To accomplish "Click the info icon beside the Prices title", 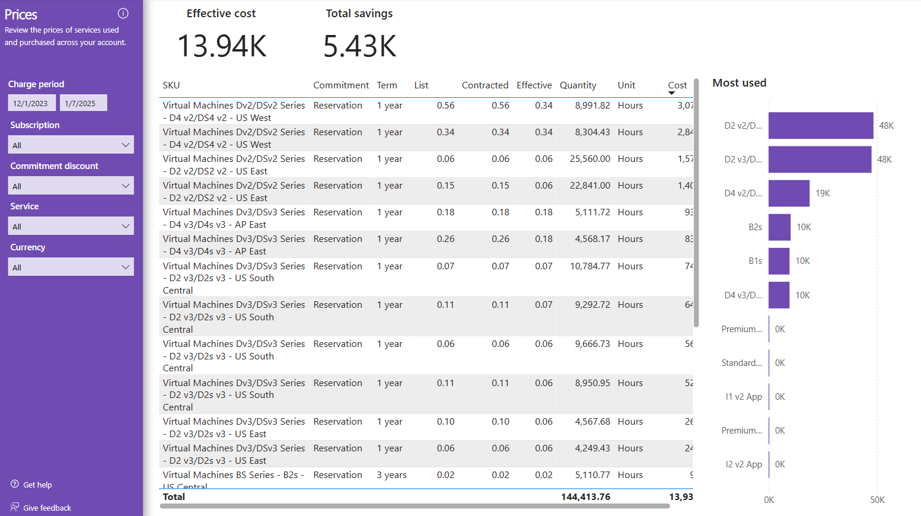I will coord(123,13).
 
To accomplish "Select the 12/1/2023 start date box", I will coord(31,103).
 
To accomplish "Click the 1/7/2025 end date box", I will coord(83,103).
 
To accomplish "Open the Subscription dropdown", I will coord(71,145).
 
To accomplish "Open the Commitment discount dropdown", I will coord(71,186).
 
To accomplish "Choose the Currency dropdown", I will coord(71,267).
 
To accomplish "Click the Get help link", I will coord(37,485).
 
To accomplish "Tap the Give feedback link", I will coord(47,508).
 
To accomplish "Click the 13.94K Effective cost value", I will coord(222,46).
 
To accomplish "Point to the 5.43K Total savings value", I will coord(359,46).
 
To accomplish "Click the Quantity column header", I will coord(578,85).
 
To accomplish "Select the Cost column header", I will coord(677,85).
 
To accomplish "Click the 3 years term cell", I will coord(391,475).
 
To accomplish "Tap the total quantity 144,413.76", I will coord(585,497).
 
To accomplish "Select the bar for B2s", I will coord(779,227).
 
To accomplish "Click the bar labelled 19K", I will coord(789,193).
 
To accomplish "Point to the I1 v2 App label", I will coord(744,397).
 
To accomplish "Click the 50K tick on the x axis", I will coord(877,500).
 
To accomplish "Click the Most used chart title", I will coord(739,83).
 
